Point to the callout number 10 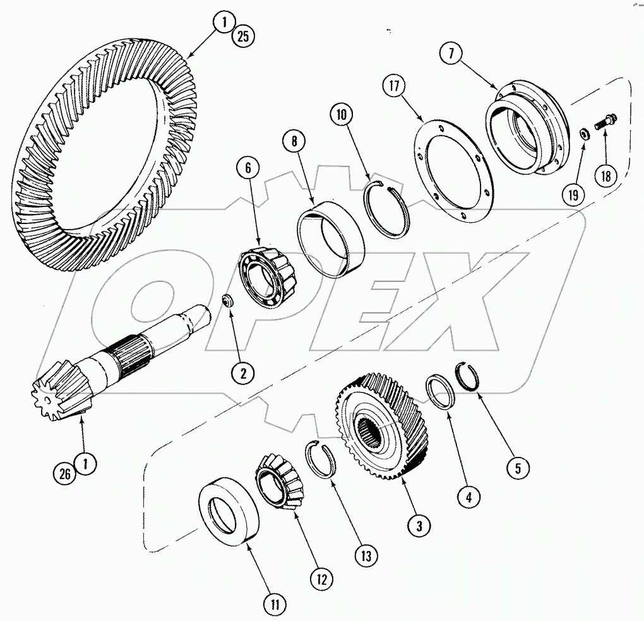(342, 115)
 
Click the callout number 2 (242, 372)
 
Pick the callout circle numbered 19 (572, 195)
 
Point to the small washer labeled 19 (585, 133)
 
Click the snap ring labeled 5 (468, 376)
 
